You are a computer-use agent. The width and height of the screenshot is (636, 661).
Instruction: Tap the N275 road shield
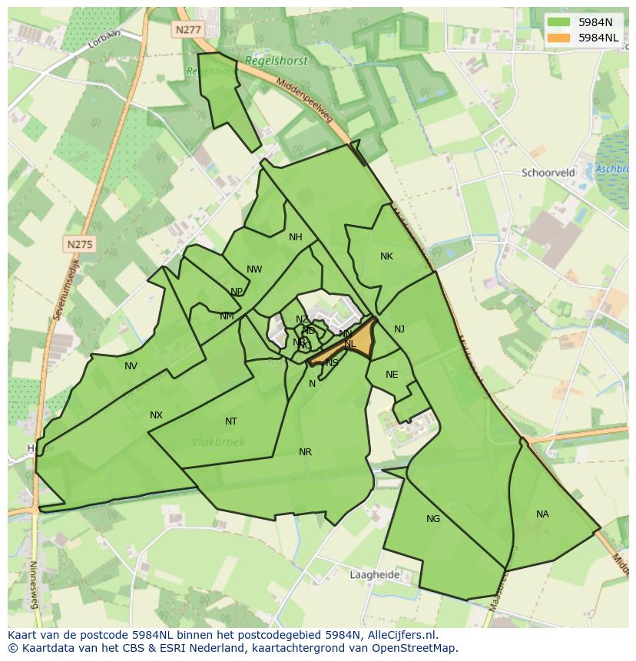pyautogui.click(x=79, y=244)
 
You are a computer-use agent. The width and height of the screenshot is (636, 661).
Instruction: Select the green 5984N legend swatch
pyautogui.click(x=558, y=22)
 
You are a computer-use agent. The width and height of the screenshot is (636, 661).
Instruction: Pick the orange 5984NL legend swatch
pyautogui.click(x=558, y=37)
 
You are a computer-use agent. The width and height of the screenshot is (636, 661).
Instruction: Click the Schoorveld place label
pyautogui.click(x=548, y=173)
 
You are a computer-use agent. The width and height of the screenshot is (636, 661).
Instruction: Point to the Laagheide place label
pyautogui.click(x=374, y=574)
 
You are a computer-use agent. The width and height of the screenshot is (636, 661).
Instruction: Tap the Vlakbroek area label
pyautogui.click(x=220, y=441)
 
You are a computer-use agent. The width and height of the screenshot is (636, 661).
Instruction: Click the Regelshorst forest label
pyautogui.click(x=276, y=61)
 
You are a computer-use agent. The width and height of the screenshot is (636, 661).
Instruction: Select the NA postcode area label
pyautogui.click(x=542, y=514)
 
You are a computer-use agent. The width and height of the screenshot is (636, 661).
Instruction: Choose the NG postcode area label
pyautogui.click(x=433, y=519)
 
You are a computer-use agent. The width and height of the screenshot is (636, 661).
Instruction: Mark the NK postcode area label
pyautogui.click(x=386, y=256)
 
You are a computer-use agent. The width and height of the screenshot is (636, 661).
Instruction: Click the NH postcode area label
pyautogui.click(x=296, y=237)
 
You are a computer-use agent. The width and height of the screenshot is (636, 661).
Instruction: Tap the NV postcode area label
pyautogui.click(x=131, y=366)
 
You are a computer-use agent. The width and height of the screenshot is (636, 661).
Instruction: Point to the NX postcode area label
pyautogui.click(x=156, y=415)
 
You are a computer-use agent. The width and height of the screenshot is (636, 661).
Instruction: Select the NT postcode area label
pyautogui.click(x=231, y=421)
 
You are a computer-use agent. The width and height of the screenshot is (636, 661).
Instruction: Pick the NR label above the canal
pyautogui.click(x=305, y=452)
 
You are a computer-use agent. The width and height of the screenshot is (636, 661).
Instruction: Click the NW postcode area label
pyautogui.click(x=254, y=269)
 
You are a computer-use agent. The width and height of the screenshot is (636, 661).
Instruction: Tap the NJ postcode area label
pyautogui.click(x=399, y=329)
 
